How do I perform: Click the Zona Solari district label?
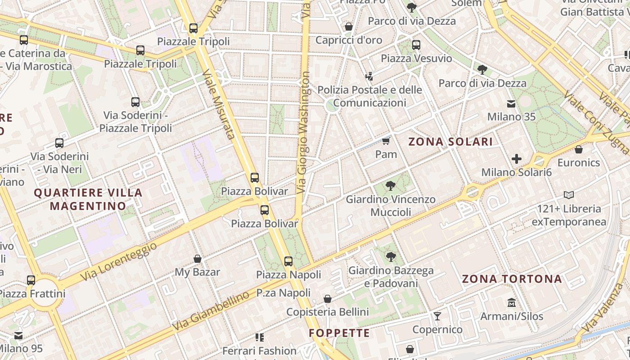(x=450, y=142)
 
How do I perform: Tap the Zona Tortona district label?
(x=512, y=279)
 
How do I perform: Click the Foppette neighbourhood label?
(x=339, y=333)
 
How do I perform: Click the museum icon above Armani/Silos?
(x=512, y=302)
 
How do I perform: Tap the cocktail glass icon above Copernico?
(x=437, y=316)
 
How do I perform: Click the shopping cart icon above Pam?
(x=386, y=141)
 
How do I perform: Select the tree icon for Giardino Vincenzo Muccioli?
(x=391, y=185)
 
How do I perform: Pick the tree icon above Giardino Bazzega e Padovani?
(x=391, y=257)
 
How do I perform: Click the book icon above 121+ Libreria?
(x=569, y=195)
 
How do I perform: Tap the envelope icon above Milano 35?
(x=511, y=104)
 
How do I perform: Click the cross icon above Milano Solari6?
(x=517, y=158)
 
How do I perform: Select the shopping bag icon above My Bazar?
(x=197, y=259)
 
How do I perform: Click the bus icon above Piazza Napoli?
(x=288, y=261)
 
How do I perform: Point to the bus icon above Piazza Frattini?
(x=31, y=280)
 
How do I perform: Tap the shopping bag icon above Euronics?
(x=579, y=149)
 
